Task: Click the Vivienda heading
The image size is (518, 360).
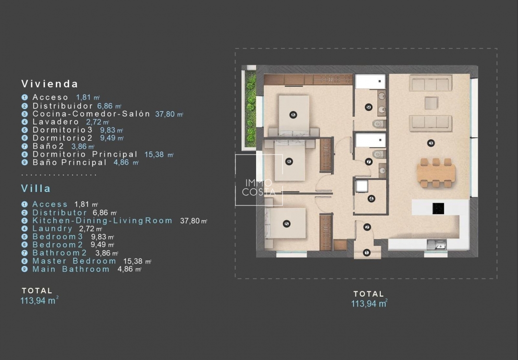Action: pos(49,84)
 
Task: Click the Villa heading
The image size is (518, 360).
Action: pos(36,189)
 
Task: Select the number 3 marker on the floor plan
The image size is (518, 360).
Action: pos(430,143)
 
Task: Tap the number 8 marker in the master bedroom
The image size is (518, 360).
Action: pos(293,115)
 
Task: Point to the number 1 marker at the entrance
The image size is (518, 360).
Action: pos(366,252)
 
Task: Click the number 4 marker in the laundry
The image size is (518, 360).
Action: pos(371,199)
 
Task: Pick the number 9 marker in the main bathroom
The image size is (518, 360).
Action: pos(369,107)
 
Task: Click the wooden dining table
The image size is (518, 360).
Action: pos(436,173)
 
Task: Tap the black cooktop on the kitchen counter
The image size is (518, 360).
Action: pos(438,208)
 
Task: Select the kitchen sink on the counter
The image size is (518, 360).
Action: pos(436,245)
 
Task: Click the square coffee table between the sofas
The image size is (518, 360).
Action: pos(431,103)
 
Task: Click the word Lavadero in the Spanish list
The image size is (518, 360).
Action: pos(56,121)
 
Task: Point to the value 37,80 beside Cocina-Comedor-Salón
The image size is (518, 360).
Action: pos(165,114)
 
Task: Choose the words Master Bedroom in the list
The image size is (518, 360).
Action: pos(74,261)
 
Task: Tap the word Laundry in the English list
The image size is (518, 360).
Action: pos(52,228)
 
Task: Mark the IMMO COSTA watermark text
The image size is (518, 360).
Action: pos(259,187)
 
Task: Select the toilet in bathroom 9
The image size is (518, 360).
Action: pos(379,124)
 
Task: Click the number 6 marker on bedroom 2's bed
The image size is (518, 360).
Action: pos(289,162)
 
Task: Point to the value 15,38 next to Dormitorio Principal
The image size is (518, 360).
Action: pos(154,155)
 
